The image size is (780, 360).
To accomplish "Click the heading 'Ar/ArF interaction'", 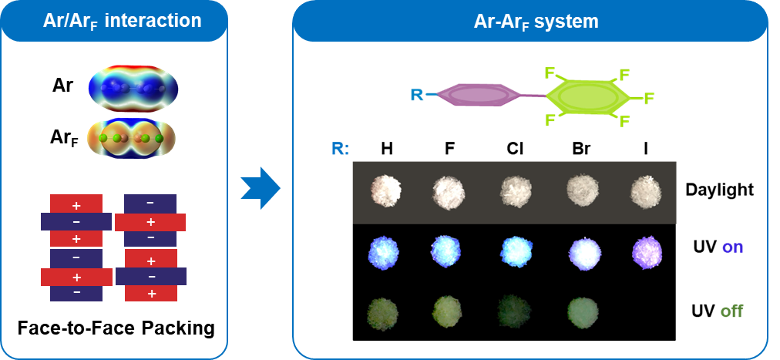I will pos(122,21).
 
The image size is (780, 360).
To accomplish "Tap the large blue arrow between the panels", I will pos(261,187).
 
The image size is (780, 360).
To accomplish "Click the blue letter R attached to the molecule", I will pos(417,95).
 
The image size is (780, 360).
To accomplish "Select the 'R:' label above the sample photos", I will pos(340,148).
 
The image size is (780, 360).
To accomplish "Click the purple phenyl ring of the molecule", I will pos(476,94).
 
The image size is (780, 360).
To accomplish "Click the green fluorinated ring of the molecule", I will pos(587,97).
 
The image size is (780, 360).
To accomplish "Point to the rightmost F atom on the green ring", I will pos(649,98).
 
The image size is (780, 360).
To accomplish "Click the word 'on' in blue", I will pos(732,248).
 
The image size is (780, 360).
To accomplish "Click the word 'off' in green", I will pos(731,311).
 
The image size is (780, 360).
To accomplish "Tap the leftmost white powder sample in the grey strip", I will pos(385,190).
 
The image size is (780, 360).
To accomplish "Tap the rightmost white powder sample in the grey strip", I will pos(646,190).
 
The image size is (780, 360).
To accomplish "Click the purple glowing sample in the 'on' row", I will pos(646,251).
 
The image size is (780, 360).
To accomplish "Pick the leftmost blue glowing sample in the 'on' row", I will pos(385,252).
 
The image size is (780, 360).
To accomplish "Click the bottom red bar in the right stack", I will pos(151,293).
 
